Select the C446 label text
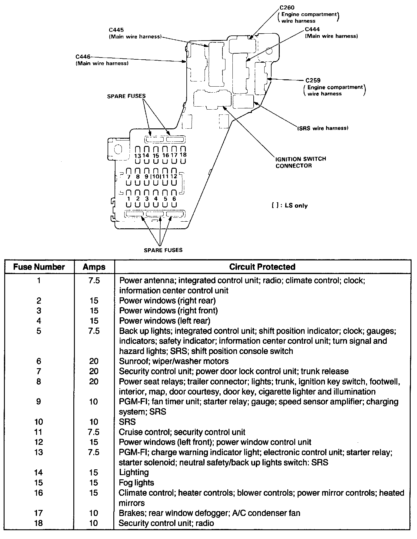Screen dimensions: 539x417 83,57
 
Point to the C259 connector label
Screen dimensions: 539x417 313,81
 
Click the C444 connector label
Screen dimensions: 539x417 312,29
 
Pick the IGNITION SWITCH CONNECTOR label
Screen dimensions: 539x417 301,162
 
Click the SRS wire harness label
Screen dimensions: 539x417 323,128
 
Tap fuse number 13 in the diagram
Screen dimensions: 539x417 138,156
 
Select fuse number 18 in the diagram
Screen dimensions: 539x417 183,155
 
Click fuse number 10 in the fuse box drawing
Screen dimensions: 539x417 156,176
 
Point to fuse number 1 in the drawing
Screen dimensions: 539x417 129,199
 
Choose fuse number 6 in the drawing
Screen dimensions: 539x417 174,199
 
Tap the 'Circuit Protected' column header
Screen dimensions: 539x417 262,267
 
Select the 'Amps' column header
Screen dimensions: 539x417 94,267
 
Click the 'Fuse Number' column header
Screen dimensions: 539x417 39,267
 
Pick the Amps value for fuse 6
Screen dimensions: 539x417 94,361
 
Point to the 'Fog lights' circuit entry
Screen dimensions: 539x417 136,483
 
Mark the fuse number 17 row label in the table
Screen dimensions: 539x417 39,513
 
